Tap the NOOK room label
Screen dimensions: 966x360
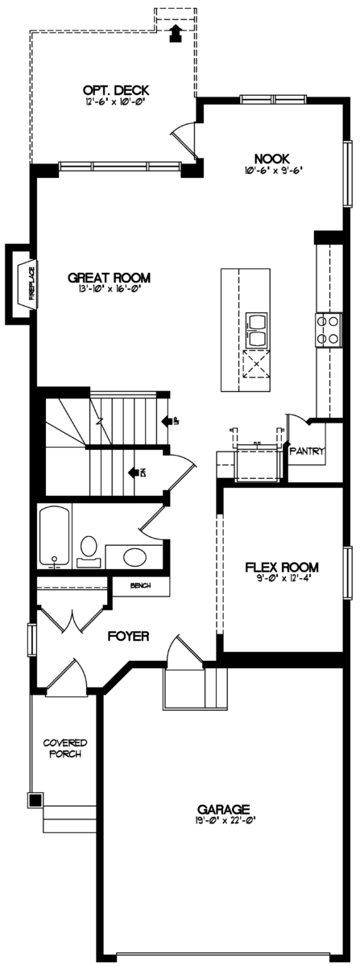[x=271, y=159]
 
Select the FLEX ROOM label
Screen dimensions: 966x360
[x=282, y=566]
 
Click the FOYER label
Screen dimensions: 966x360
[x=129, y=636]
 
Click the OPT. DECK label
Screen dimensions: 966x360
[x=116, y=91]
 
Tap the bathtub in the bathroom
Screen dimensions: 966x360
[x=54, y=534]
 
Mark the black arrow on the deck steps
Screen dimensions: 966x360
[x=175, y=32]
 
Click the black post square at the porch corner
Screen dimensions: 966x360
[x=35, y=799]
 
